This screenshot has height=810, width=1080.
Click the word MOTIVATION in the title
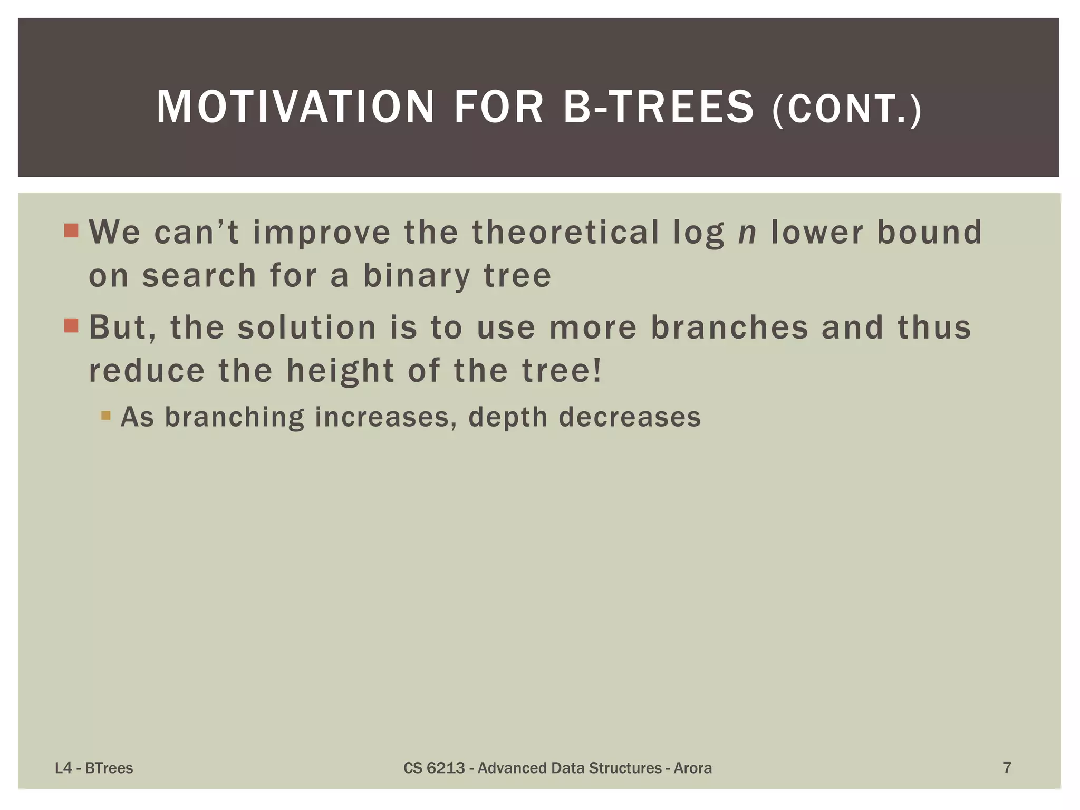295,107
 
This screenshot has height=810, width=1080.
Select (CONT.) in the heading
847,110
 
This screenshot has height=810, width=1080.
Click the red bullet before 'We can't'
71,230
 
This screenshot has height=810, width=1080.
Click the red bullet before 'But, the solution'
71,325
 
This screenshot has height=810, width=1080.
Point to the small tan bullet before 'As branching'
105,416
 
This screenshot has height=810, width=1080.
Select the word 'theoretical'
565,232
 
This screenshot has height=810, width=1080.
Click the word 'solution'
307,327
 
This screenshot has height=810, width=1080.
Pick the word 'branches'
729,327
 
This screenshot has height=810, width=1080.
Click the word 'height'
340,370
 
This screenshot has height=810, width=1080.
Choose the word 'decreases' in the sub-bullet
630,417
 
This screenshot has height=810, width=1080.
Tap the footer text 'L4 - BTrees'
94,768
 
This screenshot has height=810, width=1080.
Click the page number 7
1007,768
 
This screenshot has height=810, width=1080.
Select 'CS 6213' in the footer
434,768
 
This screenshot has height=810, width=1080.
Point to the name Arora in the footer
692,768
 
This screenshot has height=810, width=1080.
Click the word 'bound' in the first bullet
929,232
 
